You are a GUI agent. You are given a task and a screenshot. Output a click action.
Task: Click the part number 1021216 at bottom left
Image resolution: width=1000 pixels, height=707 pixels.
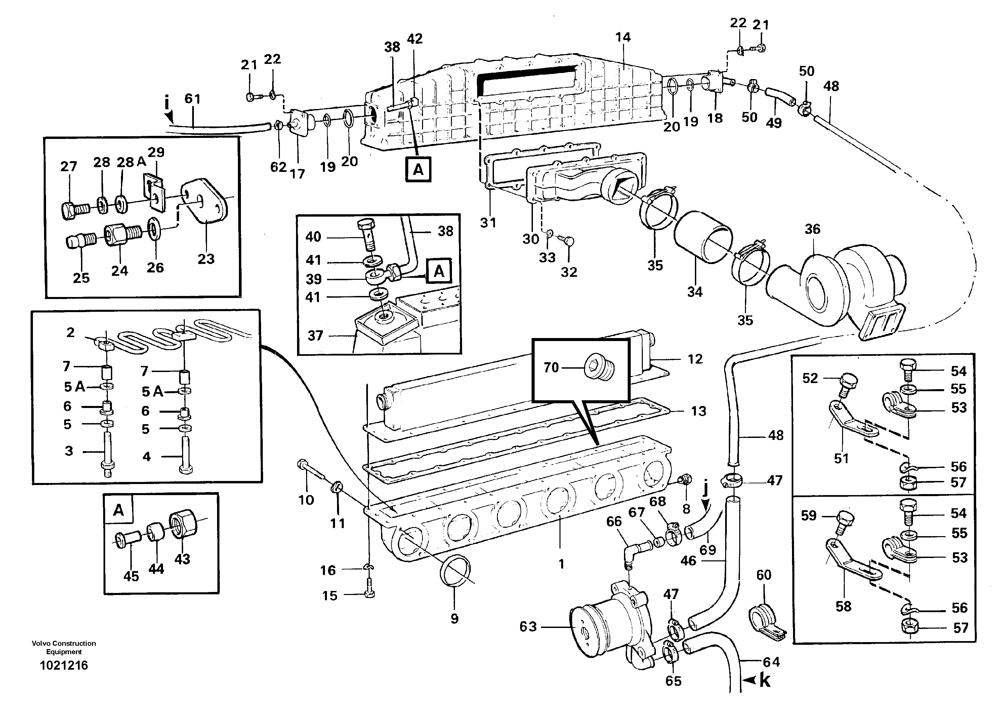pos(64,665)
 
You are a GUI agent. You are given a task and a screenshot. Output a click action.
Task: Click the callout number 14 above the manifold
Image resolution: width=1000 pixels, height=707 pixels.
pos(623,37)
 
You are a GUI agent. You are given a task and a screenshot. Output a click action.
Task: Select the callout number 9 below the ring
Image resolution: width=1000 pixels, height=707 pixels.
pos(454,619)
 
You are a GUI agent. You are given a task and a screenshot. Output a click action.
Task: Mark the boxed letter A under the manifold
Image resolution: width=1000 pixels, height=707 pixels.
pos(418,169)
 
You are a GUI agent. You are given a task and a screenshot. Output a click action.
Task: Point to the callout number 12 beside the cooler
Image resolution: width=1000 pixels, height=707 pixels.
pos(695,359)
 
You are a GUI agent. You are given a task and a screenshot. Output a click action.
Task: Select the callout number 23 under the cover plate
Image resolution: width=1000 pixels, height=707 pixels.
pos(206,259)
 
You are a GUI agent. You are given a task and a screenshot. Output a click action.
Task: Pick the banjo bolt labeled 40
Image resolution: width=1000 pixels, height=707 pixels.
pos(366,233)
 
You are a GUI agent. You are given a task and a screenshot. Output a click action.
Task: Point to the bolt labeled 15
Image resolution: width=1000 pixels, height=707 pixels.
pos(369,594)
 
